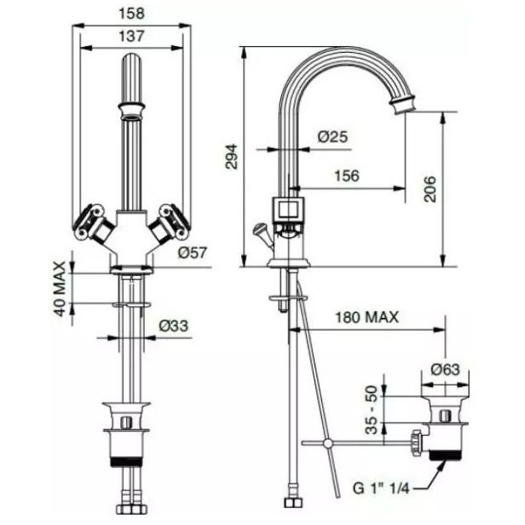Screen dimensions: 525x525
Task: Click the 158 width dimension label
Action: tap(131, 14)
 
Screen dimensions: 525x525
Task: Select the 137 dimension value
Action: tap(131, 36)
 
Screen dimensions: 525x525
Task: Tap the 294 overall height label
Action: tap(231, 157)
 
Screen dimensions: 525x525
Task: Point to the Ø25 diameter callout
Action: tap(332, 136)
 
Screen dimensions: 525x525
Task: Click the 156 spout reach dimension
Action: tap(347, 176)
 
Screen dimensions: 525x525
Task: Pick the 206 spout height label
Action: tap(430, 189)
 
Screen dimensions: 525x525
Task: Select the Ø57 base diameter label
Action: tap(193, 252)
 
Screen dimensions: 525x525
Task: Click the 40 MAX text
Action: tap(60, 289)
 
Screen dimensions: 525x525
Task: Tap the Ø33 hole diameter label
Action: tap(174, 326)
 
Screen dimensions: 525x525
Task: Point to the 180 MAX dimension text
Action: tap(367, 317)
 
